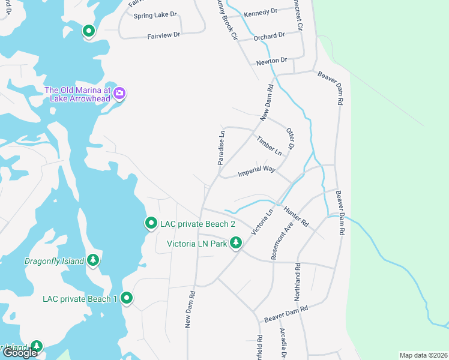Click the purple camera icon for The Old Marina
[x=119, y=92]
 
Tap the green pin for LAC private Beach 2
[x=151, y=223]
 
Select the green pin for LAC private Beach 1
[x=127, y=298]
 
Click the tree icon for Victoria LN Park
[x=237, y=243]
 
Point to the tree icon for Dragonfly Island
[x=92, y=260]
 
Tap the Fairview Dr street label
[x=164, y=36]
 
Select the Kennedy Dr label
[x=262, y=11]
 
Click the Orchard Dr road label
[x=268, y=37]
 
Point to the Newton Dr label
[x=272, y=61]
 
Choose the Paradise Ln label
[x=221, y=148]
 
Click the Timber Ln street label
[x=269, y=145]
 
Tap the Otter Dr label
[x=291, y=139]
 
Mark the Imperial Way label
[x=256, y=170]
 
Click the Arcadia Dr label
[x=283, y=344]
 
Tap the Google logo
[x=20, y=353]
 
